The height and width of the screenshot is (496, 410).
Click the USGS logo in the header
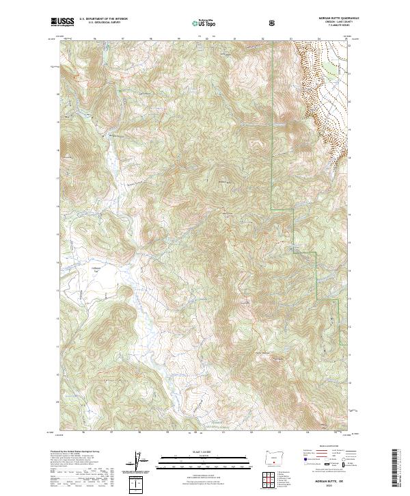[62, 22]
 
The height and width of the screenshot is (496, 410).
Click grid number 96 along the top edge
[94, 39]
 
